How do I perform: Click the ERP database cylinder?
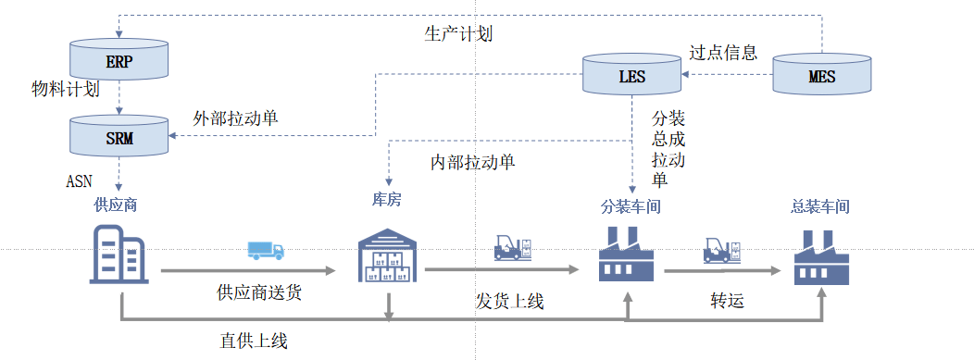119,60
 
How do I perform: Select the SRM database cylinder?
119,135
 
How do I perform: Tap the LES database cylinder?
632,74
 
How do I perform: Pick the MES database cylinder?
822,74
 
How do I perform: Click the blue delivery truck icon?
266,250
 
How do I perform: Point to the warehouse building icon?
388,255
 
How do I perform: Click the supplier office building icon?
119,254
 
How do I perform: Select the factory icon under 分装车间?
626,254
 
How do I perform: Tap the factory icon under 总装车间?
821,257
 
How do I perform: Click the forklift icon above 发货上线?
514,247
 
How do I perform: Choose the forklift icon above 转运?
722,250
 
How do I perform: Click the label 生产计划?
458,33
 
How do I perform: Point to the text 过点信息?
723,52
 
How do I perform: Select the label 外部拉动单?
235,118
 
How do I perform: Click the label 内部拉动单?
473,163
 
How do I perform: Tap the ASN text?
79,181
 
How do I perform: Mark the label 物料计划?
65,90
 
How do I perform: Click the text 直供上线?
254,341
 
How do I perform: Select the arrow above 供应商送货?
248,270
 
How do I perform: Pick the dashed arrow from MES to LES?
728,74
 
